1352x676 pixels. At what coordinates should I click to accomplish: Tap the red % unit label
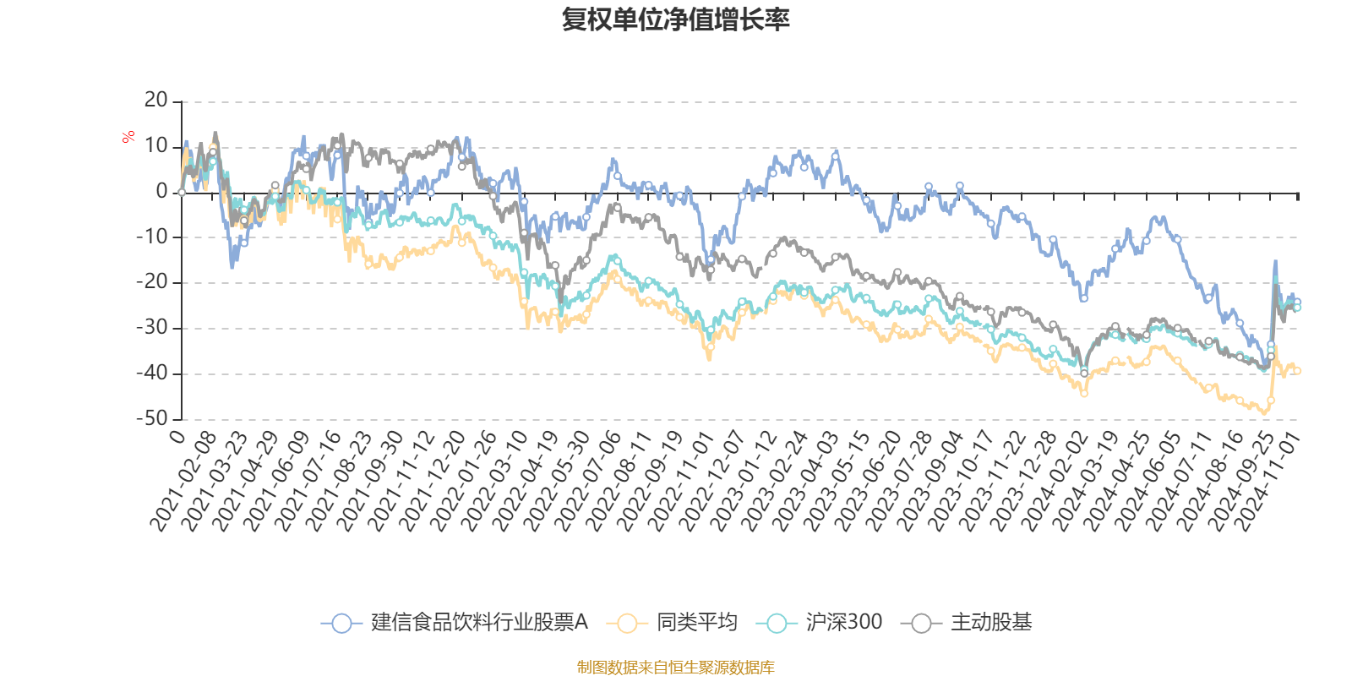point(128,136)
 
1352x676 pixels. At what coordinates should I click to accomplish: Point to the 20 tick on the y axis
point(156,101)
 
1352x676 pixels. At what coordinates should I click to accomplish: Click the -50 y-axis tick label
point(151,418)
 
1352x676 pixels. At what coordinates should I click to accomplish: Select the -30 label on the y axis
point(151,327)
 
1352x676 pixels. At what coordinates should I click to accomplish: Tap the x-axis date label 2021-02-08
point(184,482)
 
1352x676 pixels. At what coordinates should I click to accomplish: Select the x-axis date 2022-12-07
point(714,482)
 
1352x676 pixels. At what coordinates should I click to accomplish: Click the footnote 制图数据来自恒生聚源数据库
point(675,668)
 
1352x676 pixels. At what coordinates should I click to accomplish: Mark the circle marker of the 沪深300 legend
point(776,624)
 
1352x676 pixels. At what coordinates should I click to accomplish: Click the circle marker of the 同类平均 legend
point(627,624)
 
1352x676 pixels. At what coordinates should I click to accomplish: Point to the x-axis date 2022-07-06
point(590,482)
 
